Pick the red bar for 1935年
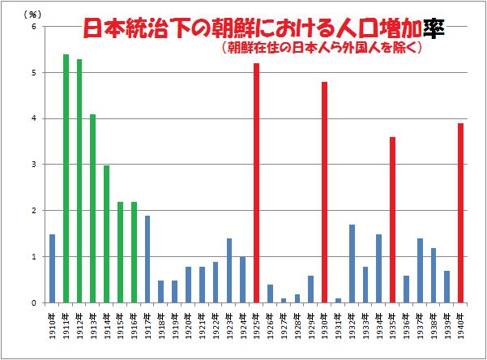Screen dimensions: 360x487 tap(393, 220)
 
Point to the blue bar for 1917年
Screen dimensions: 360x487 tap(147, 259)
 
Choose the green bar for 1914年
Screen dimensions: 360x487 tap(106, 234)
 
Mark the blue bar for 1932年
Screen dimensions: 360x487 tap(352, 264)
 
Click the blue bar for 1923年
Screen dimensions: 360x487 tap(229, 271)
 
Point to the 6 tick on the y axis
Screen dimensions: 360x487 tap(33, 27)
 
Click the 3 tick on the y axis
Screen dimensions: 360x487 tap(33, 165)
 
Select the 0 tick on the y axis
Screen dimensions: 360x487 tap(33, 303)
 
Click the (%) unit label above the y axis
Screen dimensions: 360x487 tap(32, 15)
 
